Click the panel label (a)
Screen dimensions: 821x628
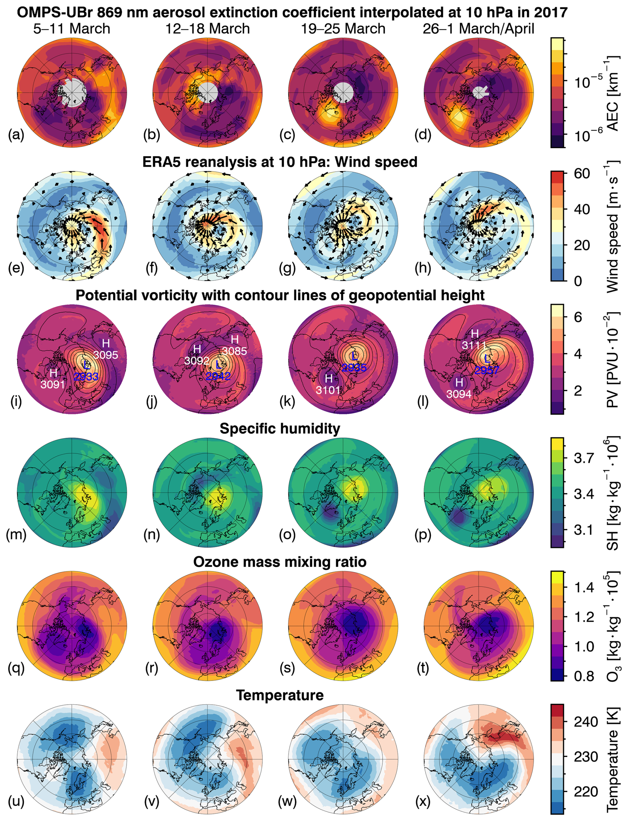click(x=16, y=135)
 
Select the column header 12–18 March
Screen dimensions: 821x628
click(x=207, y=29)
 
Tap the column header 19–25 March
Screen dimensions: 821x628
click(x=343, y=29)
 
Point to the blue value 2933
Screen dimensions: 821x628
click(x=86, y=376)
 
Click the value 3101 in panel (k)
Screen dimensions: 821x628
click(x=328, y=390)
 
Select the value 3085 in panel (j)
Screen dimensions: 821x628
click(x=234, y=351)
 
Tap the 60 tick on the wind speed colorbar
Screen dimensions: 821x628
click(x=582, y=174)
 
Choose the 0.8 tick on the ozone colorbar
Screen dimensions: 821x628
click(x=584, y=676)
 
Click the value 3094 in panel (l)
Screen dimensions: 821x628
click(x=459, y=394)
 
